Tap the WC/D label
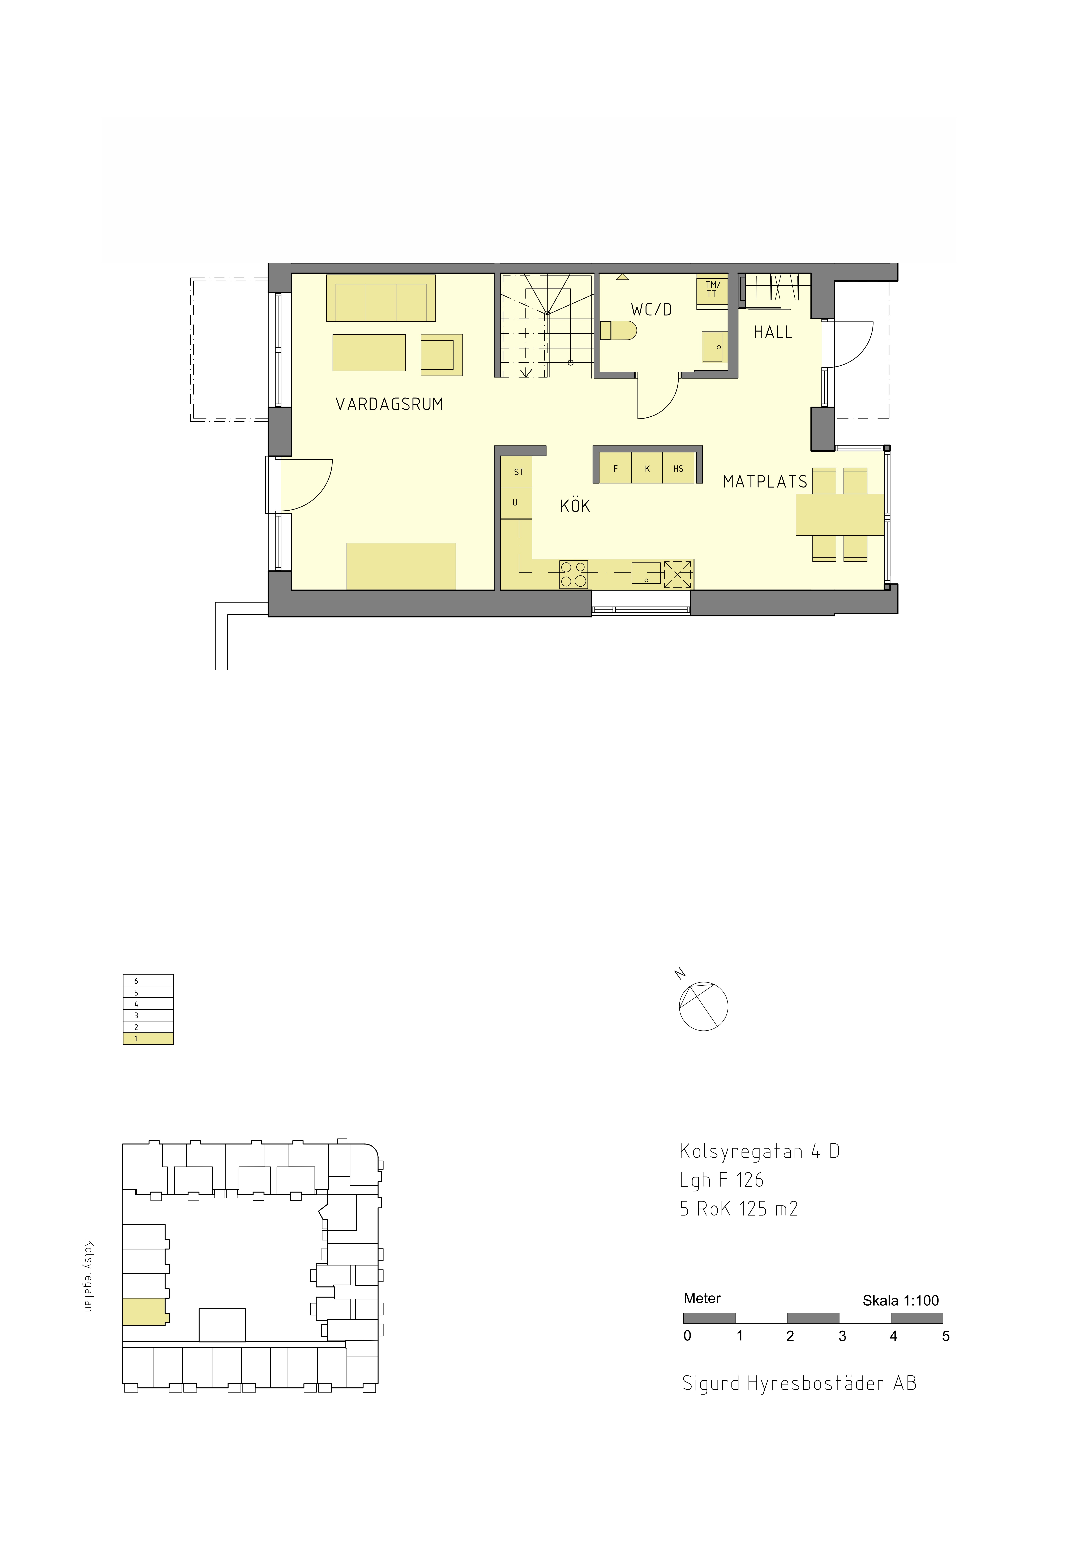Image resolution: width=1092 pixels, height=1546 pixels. [651, 310]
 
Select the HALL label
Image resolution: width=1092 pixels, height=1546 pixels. [773, 332]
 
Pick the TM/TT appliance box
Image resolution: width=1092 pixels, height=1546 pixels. [712, 290]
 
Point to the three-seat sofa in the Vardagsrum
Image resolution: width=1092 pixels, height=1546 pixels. [381, 298]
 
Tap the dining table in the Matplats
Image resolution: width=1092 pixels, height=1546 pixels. [840, 514]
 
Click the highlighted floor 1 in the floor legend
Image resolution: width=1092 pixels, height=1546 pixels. [148, 1038]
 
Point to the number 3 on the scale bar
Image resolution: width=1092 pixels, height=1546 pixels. [842, 1336]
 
